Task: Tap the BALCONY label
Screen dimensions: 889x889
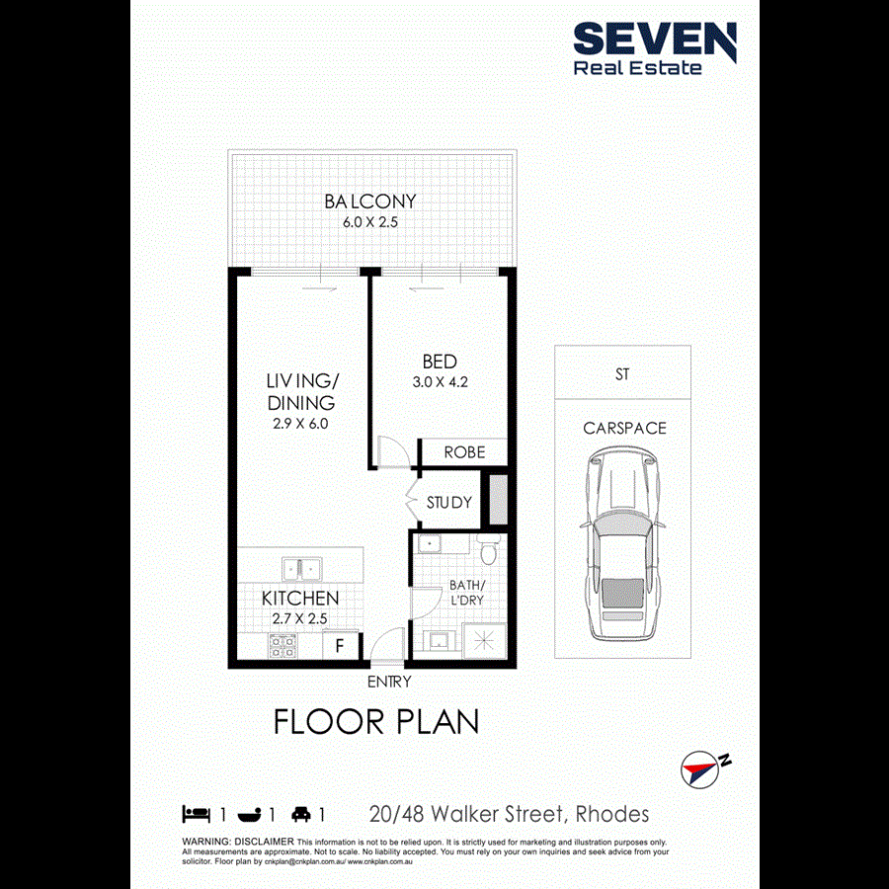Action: [370, 202]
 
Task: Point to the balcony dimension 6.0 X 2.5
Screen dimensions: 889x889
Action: [370, 223]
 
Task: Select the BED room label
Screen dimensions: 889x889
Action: [440, 362]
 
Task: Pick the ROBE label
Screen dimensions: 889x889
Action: [464, 452]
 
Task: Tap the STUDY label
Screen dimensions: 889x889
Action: [448, 503]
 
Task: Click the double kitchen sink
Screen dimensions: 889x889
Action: [300, 569]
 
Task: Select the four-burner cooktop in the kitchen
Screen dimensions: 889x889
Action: [283, 646]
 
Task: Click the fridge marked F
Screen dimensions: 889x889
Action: [341, 647]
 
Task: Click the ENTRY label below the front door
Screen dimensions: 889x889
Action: [388, 682]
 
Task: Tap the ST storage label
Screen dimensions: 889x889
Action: [622, 375]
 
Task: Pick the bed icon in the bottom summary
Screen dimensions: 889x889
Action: [197, 815]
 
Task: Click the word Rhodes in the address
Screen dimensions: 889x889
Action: [613, 815]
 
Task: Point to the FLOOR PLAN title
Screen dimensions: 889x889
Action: [376, 722]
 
